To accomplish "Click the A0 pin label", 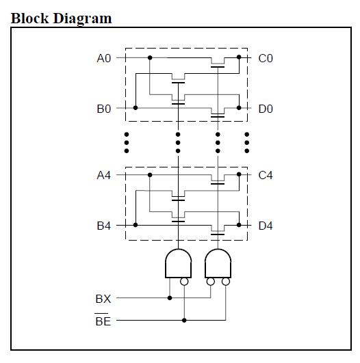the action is point(104,58).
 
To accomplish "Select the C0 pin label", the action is point(266,58).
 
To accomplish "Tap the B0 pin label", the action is point(104,109).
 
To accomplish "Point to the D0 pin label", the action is point(266,109).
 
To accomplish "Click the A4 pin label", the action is point(104,175).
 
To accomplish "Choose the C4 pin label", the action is point(266,175).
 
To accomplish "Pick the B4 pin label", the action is point(104,226).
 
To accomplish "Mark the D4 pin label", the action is point(266,226).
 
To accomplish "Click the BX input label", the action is point(103,299).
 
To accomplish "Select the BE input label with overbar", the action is point(103,320).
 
